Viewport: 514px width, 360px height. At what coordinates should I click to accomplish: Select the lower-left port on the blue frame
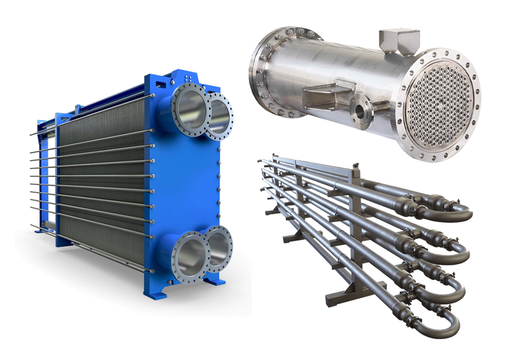click(x=189, y=254)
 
